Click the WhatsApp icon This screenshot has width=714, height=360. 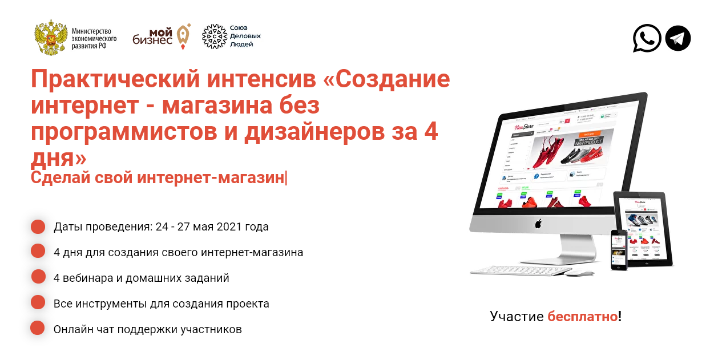click(x=647, y=38)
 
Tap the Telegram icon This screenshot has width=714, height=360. click(x=678, y=38)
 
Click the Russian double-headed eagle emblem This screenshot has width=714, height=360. click(x=51, y=38)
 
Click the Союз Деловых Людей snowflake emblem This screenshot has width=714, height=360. click(x=215, y=37)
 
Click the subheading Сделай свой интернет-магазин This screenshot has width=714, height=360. click(x=158, y=177)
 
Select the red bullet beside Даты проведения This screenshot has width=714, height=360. click(x=38, y=226)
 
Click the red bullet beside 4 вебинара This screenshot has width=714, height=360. click(x=38, y=277)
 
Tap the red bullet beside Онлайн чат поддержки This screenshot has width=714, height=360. click(x=38, y=328)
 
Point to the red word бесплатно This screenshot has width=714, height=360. click(x=582, y=316)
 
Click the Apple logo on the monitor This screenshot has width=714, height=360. click(x=538, y=224)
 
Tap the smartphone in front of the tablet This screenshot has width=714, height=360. click(x=619, y=249)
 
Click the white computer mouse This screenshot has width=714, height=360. click(x=580, y=273)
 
